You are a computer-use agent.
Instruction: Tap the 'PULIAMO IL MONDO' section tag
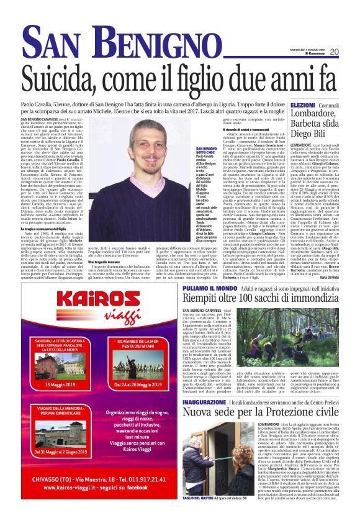[x=209, y=289]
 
